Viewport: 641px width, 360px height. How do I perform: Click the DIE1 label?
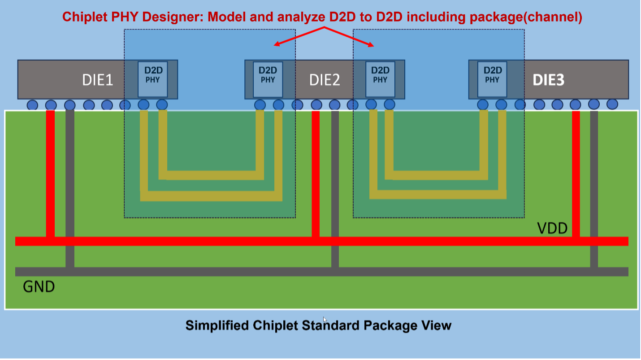click(97, 80)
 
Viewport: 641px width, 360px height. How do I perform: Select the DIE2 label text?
click(325, 80)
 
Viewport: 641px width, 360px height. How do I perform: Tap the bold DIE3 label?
click(548, 80)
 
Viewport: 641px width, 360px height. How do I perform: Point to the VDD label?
click(552, 229)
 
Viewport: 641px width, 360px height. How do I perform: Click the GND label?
click(39, 286)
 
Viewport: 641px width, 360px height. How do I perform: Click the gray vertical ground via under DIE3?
click(594, 188)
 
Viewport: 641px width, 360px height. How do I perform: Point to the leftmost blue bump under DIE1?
click(32, 105)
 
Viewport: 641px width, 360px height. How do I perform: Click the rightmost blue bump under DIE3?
click(612, 104)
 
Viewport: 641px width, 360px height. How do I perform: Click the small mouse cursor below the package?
click(325, 319)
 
